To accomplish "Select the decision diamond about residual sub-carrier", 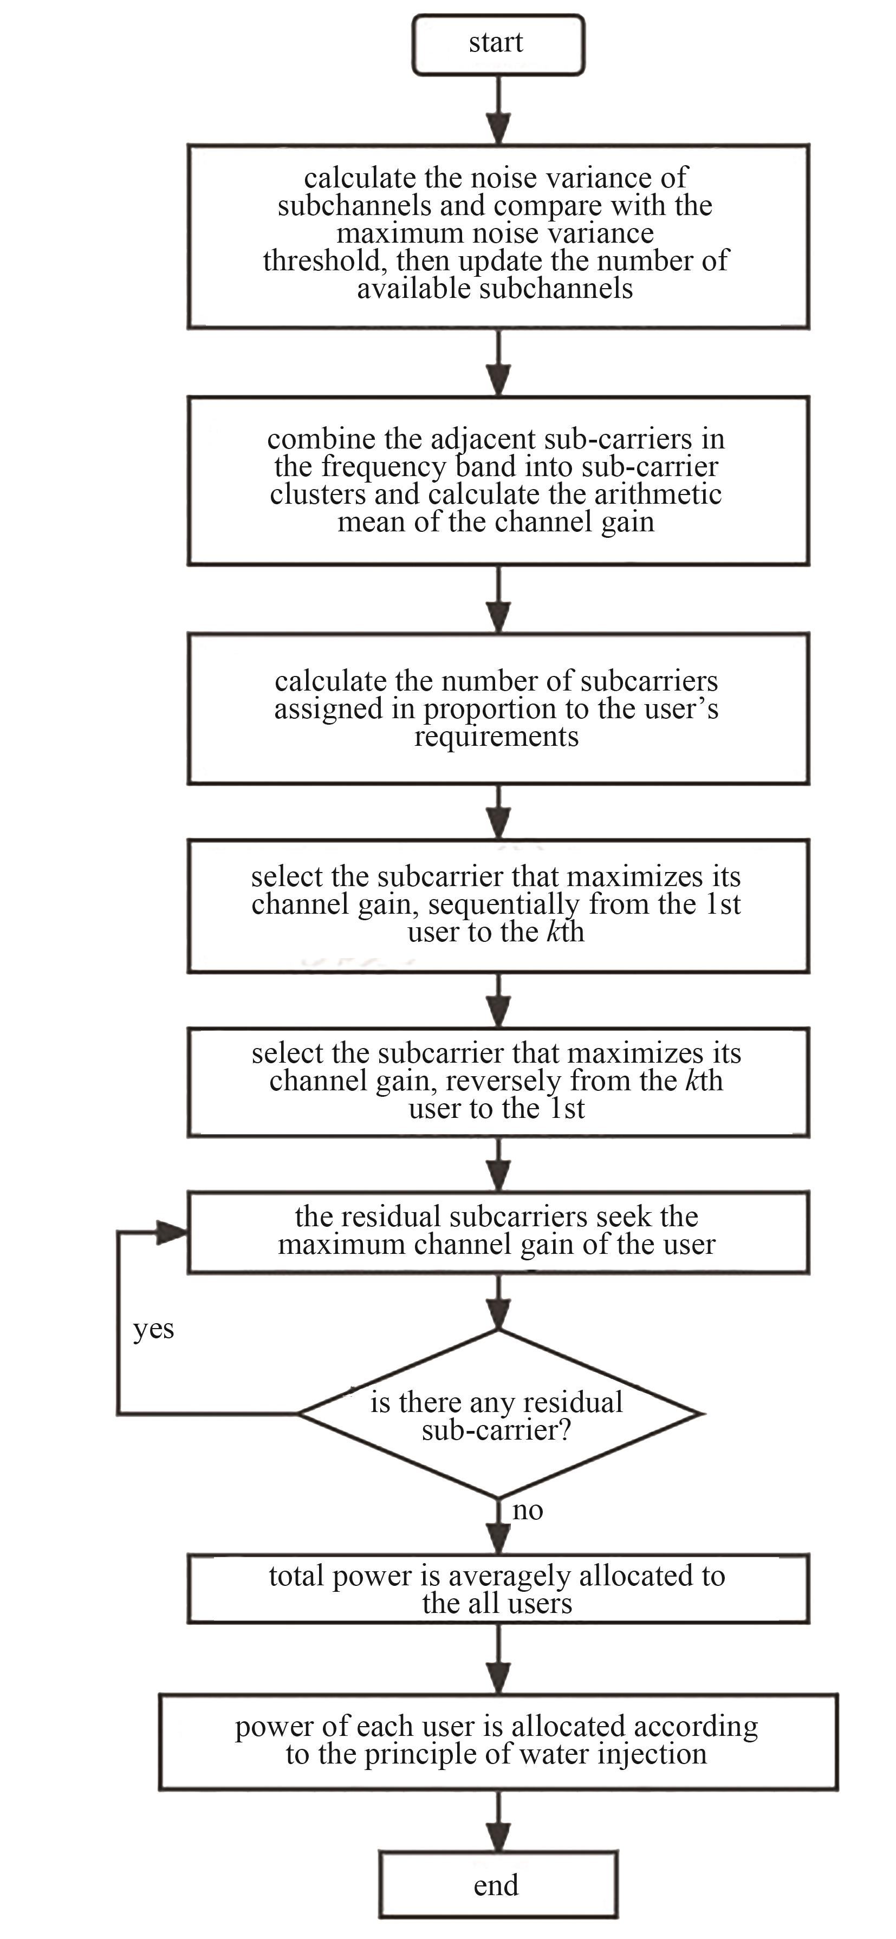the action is click(499, 1414).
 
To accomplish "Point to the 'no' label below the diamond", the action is click(527, 1510).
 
